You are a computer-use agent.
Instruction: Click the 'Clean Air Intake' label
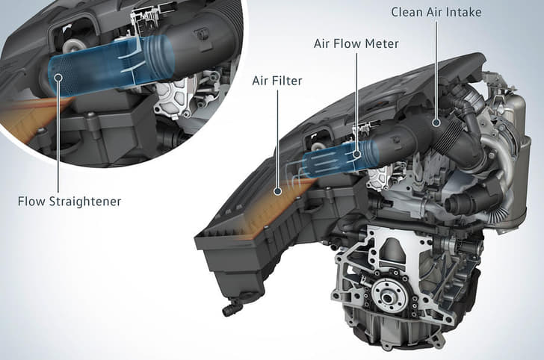point(436,12)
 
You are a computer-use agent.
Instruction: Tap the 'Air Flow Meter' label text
point(356,44)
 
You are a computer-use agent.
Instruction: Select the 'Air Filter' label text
point(277,81)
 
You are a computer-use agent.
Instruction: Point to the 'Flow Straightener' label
point(69,202)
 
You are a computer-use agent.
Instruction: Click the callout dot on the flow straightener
point(58,77)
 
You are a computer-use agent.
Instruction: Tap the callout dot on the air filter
point(277,190)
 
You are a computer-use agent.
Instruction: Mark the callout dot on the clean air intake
point(436,122)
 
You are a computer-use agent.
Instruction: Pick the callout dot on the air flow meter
point(356,155)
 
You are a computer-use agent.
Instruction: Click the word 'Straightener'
point(85,202)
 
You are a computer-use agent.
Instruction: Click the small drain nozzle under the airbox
point(231,308)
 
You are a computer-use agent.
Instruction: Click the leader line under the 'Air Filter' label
point(277,139)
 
